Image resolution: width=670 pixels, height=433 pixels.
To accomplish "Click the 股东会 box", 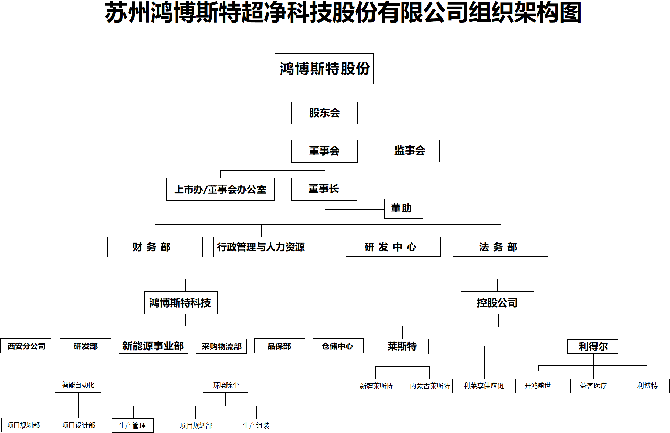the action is [324, 113].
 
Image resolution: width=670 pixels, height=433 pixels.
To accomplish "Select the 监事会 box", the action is [407, 151].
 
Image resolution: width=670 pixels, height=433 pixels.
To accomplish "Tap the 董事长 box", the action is [324, 189].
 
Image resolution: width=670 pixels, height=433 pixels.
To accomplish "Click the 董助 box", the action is [404, 209].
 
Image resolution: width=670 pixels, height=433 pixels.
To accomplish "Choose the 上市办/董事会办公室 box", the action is [220, 189].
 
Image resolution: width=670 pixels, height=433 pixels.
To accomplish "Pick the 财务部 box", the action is [155, 247].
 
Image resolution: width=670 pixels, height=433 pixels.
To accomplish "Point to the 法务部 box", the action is [501, 247].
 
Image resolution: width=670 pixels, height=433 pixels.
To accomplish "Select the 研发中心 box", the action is [393, 247].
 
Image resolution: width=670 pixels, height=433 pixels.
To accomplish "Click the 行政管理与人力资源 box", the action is [261, 247].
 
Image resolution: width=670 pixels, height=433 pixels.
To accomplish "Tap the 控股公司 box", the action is [498, 303].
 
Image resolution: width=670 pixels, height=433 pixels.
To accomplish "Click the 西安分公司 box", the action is [26, 346].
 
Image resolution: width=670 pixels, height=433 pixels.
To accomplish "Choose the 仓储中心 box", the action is [338, 346].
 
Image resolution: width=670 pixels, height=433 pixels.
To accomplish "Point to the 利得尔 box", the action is [593, 346].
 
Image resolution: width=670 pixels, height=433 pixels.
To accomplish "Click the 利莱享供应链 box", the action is [484, 386].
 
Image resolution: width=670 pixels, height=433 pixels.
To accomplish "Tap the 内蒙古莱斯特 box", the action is [429, 386].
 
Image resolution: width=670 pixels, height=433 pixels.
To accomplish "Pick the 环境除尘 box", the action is [225, 386].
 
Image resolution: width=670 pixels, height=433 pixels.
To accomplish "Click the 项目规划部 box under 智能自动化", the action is [22, 425].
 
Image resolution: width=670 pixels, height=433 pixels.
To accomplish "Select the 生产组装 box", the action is [256, 426].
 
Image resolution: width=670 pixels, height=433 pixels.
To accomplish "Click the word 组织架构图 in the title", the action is [525, 13].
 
